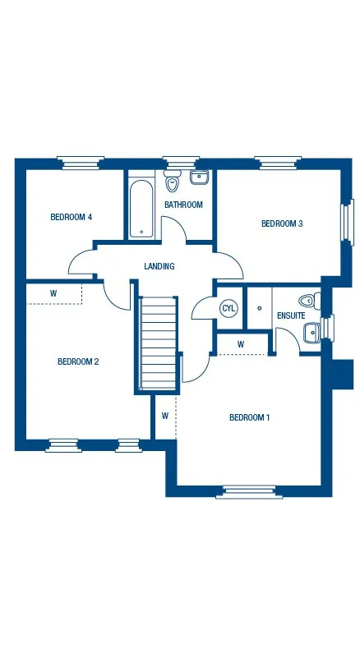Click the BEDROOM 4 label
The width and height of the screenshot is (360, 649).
pos(71,217)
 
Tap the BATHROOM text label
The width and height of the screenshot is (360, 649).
pos(183,205)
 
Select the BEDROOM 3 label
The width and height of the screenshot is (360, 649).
pos(282,223)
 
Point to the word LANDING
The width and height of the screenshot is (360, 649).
pos(159,266)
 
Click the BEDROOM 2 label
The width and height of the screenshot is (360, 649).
pos(78,361)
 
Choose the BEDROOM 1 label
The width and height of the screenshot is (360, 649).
pos(249,417)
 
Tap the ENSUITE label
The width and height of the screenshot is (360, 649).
pos(291,315)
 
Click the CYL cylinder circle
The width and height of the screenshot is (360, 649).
pos(228,308)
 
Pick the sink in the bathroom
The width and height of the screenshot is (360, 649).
pos(199,177)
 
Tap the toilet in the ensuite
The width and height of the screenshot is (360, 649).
pos(309,301)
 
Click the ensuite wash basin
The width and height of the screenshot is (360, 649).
pos(312,332)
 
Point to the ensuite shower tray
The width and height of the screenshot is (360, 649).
pos(259,308)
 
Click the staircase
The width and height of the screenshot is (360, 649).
pos(159,343)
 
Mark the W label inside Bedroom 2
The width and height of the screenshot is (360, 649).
pos(53,292)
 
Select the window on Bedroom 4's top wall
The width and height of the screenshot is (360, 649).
pos(81,162)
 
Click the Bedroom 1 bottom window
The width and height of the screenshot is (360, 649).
pos(249,491)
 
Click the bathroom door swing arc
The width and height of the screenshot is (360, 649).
pos(173,227)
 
